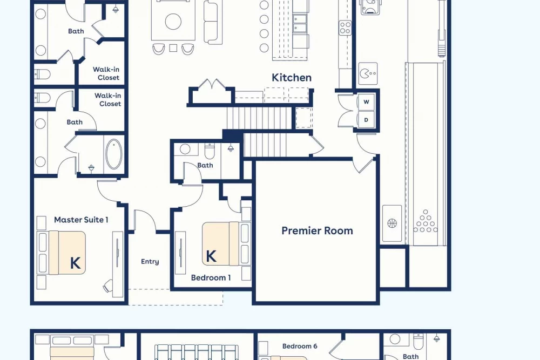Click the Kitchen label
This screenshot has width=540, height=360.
(292, 77)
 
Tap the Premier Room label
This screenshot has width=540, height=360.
(317, 230)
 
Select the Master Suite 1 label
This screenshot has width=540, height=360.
(82, 220)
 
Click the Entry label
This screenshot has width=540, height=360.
(150, 262)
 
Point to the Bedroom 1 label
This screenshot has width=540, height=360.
(211, 277)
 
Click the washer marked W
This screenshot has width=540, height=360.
(366, 102)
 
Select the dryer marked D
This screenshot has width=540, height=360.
(366, 120)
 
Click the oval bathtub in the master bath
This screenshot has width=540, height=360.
(113, 154)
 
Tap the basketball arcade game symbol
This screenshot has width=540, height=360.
(392, 223)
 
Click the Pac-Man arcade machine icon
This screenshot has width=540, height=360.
(368, 73)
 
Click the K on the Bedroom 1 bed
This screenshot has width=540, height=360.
(211, 256)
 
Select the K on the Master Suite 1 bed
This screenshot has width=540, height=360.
(76, 263)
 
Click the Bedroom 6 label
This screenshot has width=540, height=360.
(300, 346)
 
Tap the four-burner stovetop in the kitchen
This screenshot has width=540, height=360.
(345, 28)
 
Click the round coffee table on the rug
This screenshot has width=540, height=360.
(173, 22)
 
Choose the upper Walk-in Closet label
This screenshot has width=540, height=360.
(107, 73)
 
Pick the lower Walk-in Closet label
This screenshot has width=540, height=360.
(108, 99)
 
